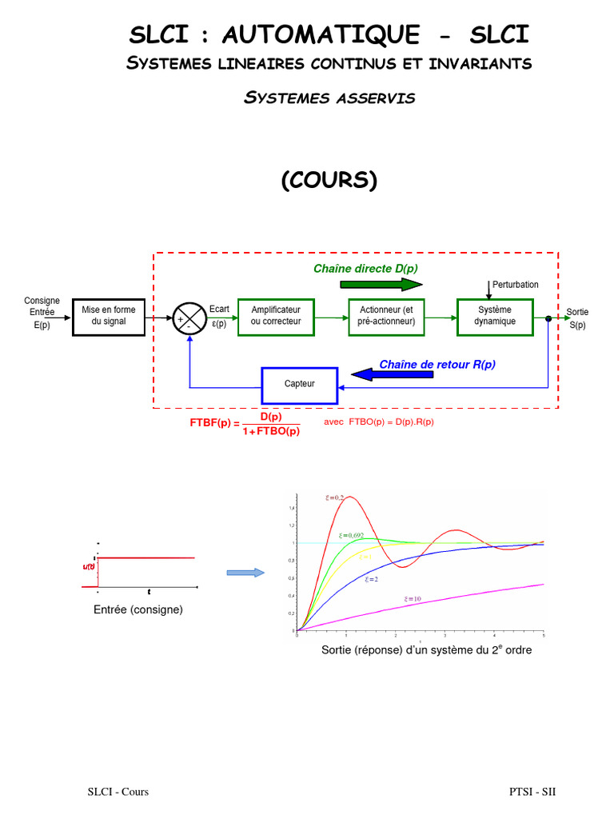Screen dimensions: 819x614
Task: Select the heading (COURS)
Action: point(329,181)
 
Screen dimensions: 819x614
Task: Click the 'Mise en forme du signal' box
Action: point(109,315)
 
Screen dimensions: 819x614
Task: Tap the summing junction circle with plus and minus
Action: point(189,319)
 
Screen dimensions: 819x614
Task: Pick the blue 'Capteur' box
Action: point(300,384)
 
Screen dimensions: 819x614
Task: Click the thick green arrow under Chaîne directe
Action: point(381,284)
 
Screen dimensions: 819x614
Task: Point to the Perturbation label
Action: point(516,285)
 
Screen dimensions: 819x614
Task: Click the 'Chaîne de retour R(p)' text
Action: point(437,364)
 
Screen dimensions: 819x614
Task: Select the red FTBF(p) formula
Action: point(245,424)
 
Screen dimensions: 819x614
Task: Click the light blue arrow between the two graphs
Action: point(245,573)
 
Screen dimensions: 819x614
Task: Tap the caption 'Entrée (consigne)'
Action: point(138,609)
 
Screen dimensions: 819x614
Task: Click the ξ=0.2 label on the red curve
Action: point(335,497)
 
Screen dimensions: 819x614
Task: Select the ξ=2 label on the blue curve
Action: point(371,578)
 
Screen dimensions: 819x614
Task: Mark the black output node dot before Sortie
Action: point(548,319)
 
